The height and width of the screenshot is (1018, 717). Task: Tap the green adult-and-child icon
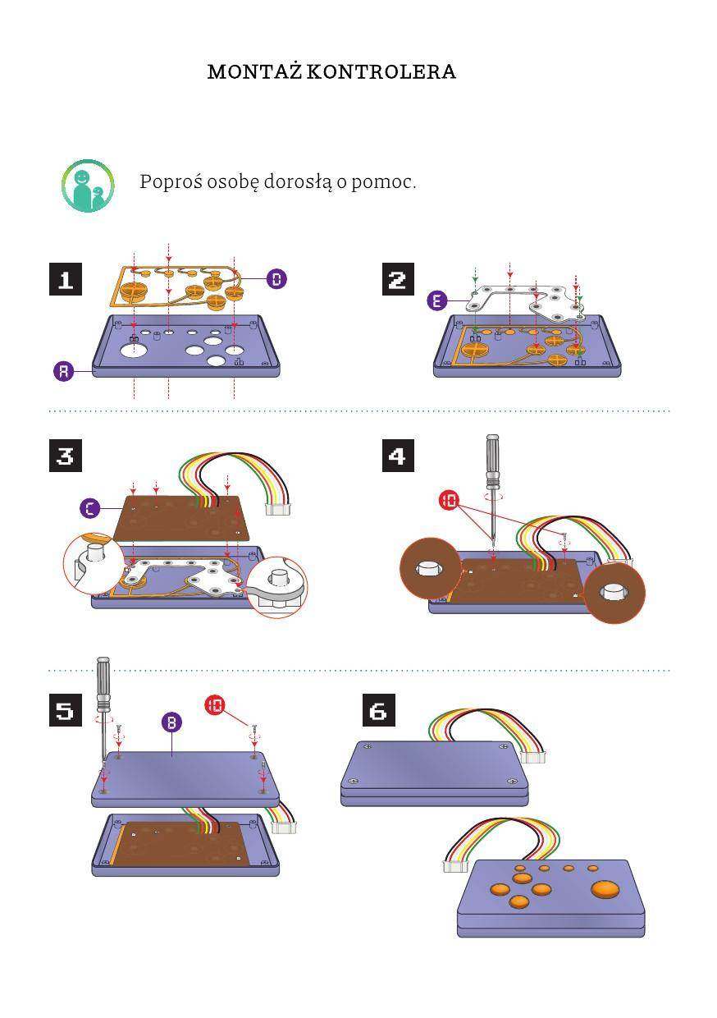pyautogui.click(x=87, y=186)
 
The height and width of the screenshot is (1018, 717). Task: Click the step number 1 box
pyautogui.click(x=66, y=279)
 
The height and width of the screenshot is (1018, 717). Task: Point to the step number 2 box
pyautogui.click(x=398, y=279)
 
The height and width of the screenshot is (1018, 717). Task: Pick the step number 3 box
pyautogui.click(x=66, y=455)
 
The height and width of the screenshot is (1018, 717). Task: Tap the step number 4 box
pyautogui.click(x=398, y=455)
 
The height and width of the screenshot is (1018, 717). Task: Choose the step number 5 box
pyautogui.click(x=66, y=710)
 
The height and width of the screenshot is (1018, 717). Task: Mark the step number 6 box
pyautogui.click(x=378, y=710)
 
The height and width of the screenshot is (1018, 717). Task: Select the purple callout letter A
pyautogui.click(x=64, y=371)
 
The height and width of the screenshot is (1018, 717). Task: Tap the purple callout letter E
pyautogui.click(x=437, y=300)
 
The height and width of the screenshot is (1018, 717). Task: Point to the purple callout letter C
pyautogui.click(x=90, y=508)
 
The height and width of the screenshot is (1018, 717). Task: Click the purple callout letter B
pyautogui.click(x=171, y=722)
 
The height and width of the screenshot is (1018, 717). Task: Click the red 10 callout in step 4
pyautogui.click(x=449, y=500)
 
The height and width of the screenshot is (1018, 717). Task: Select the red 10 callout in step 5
pyautogui.click(x=215, y=704)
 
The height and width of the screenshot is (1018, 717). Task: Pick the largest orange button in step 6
pyautogui.click(x=605, y=889)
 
